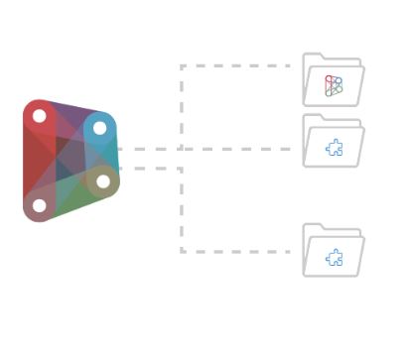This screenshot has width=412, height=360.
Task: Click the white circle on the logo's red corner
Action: click(39, 116)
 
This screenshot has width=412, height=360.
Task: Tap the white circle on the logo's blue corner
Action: click(99, 128)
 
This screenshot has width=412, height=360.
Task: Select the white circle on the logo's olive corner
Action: click(103, 180)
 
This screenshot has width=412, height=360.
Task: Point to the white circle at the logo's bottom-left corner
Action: click(39, 206)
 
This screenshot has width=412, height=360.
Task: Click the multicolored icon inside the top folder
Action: click(334, 86)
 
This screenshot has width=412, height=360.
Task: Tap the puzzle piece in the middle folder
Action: click(335, 148)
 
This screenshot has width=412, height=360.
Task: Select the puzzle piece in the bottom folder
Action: click(335, 257)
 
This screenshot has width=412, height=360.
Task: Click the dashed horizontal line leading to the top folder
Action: click(238, 66)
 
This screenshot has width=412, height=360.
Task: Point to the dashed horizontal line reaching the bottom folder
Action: click(238, 251)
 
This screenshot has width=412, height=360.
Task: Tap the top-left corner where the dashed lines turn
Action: click(182, 66)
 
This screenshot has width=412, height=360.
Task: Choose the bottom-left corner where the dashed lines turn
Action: click(182, 251)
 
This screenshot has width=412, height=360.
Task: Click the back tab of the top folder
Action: click(317, 59)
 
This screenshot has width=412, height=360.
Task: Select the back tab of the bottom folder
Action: click(317, 229)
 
